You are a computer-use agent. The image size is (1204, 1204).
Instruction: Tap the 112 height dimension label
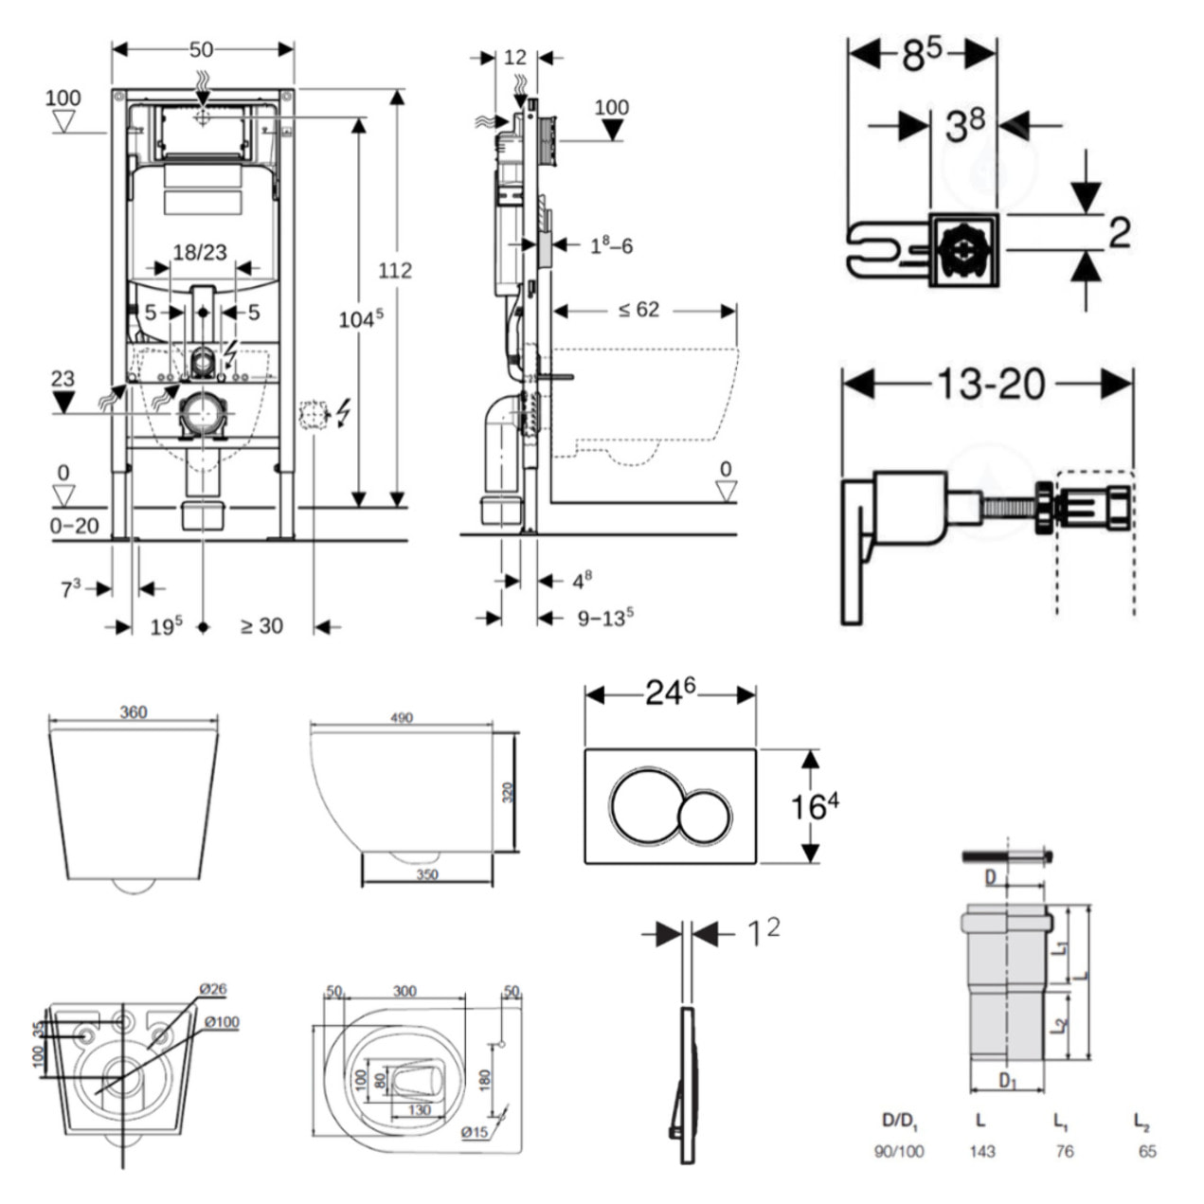click(395, 271)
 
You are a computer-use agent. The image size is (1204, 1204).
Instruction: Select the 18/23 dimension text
click(200, 252)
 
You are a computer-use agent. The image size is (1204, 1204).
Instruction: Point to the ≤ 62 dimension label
click(638, 310)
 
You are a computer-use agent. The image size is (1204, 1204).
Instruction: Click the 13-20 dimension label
click(991, 384)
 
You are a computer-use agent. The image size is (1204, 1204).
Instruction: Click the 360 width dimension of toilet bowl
click(133, 712)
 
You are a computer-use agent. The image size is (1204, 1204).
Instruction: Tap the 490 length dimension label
click(401, 718)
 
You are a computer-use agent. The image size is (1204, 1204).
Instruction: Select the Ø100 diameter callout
click(221, 1021)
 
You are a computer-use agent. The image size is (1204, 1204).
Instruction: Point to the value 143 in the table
click(982, 1151)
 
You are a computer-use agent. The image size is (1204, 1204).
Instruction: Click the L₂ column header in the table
click(1141, 1122)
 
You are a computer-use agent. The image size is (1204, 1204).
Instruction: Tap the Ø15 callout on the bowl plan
click(475, 1132)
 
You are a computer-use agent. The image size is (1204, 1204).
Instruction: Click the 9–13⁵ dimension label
click(605, 619)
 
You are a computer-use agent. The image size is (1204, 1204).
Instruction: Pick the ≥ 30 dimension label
click(261, 626)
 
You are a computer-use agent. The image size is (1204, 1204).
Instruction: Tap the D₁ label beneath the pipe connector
click(1008, 1080)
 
